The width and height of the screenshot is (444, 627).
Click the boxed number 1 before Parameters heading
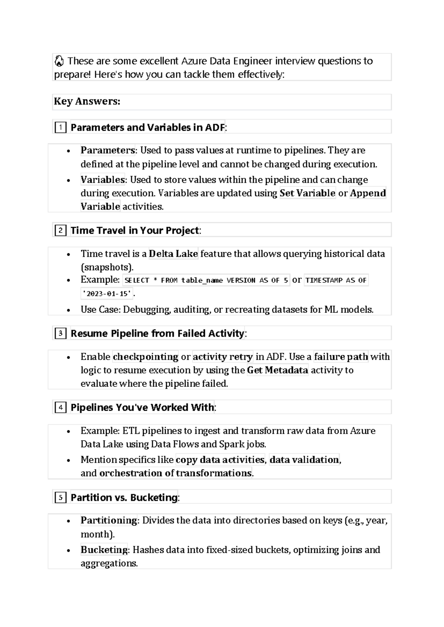click(60, 128)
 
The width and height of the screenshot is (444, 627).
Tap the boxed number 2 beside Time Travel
click(60, 231)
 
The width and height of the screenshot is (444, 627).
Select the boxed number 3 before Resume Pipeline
click(60, 334)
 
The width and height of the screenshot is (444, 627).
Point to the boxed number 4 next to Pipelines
click(60, 408)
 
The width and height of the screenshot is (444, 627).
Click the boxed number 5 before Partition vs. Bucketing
click(60, 498)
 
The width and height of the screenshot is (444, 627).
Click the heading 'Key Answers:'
click(87, 102)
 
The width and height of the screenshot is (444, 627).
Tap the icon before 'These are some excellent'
click(59, 61)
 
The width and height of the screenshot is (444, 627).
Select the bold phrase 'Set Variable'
click(307, 193)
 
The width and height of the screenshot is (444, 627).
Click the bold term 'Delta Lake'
click(173, 254)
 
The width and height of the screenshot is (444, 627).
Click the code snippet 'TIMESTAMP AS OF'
click(336, 281)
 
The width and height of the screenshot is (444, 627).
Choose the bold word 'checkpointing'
click(145, 357)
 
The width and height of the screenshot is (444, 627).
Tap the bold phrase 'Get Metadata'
click(277, 370)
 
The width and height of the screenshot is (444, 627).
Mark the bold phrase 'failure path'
click(341, 357)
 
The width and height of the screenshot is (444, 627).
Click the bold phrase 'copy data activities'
click(220, 460)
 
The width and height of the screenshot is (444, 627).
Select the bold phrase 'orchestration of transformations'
click(176, 473)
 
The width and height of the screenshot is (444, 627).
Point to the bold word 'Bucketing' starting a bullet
click(104, 550)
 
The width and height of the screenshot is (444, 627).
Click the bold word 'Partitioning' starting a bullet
click(109, 521)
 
